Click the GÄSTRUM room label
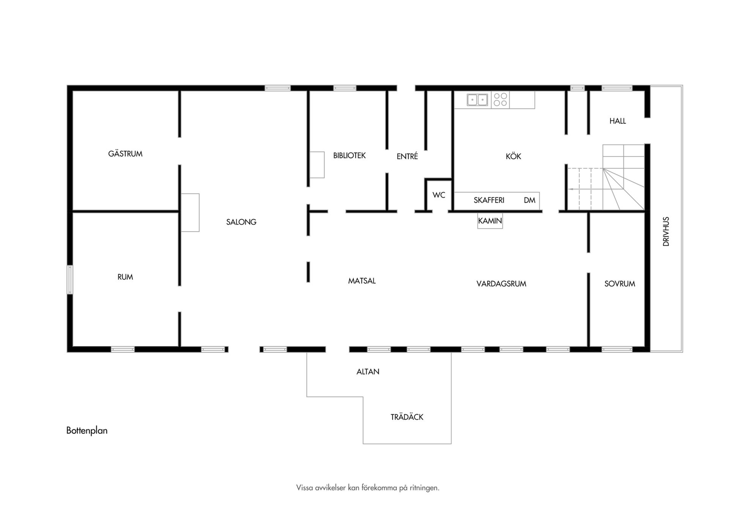coord(125,154)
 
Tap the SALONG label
coord(241,222)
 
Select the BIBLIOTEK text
coord(349,156)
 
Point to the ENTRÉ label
coord(407,156)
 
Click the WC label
coord(439,195)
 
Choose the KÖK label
coord(513,156)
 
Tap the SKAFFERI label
coord(489,200)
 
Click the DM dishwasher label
coord(529,200)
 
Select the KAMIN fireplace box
coord(490,221)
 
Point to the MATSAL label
coord(362,281)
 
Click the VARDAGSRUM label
coord(501,283)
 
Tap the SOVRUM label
coord(620,283)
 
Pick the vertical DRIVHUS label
coord(666,232)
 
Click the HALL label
coord(617,121)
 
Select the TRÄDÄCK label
coord(407,417)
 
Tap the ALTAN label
coord(368,372)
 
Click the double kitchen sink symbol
coord(477,100)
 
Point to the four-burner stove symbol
coord(500,99)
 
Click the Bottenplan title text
coord(87,430)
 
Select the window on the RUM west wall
coord(70,279)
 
